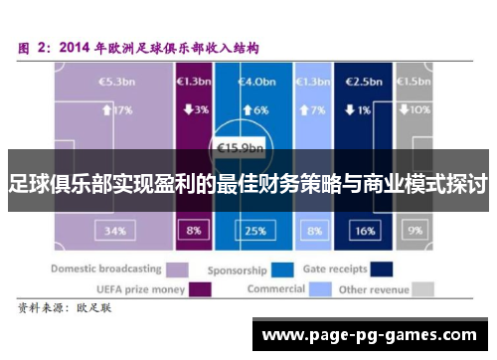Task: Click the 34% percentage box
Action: [114, 230]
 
